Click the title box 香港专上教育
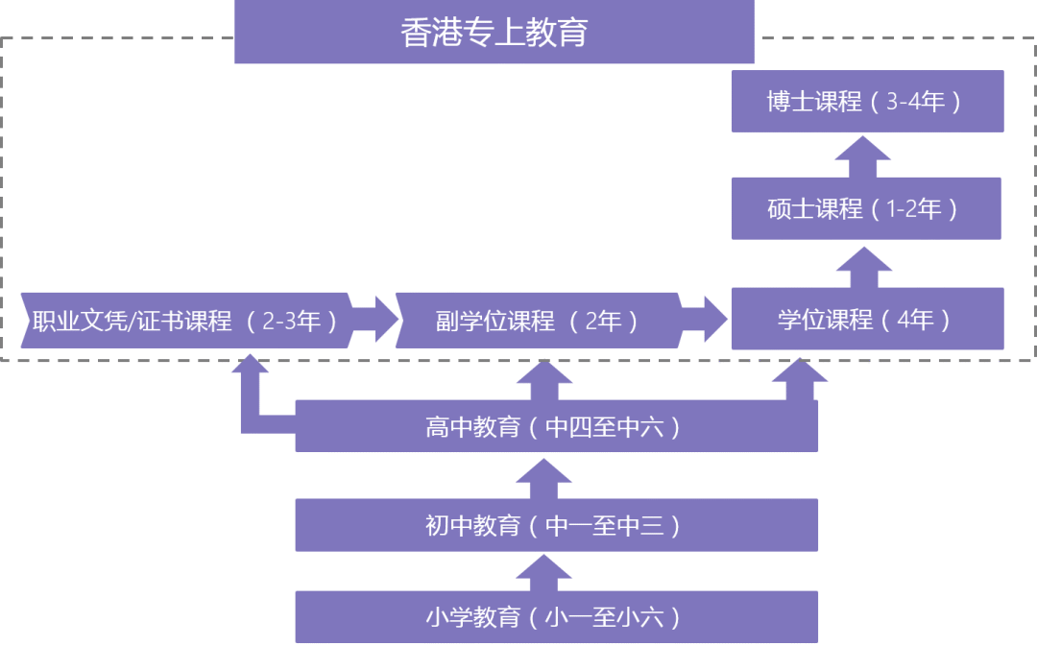(494, 33)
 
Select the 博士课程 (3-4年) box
(867, 101)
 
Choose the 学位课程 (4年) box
(867, 319)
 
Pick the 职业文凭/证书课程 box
(182, 320)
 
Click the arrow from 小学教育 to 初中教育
(544, 572)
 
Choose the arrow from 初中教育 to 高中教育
(544, 478)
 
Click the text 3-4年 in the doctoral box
(917, 102)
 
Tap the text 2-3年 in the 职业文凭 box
(292, 321)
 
